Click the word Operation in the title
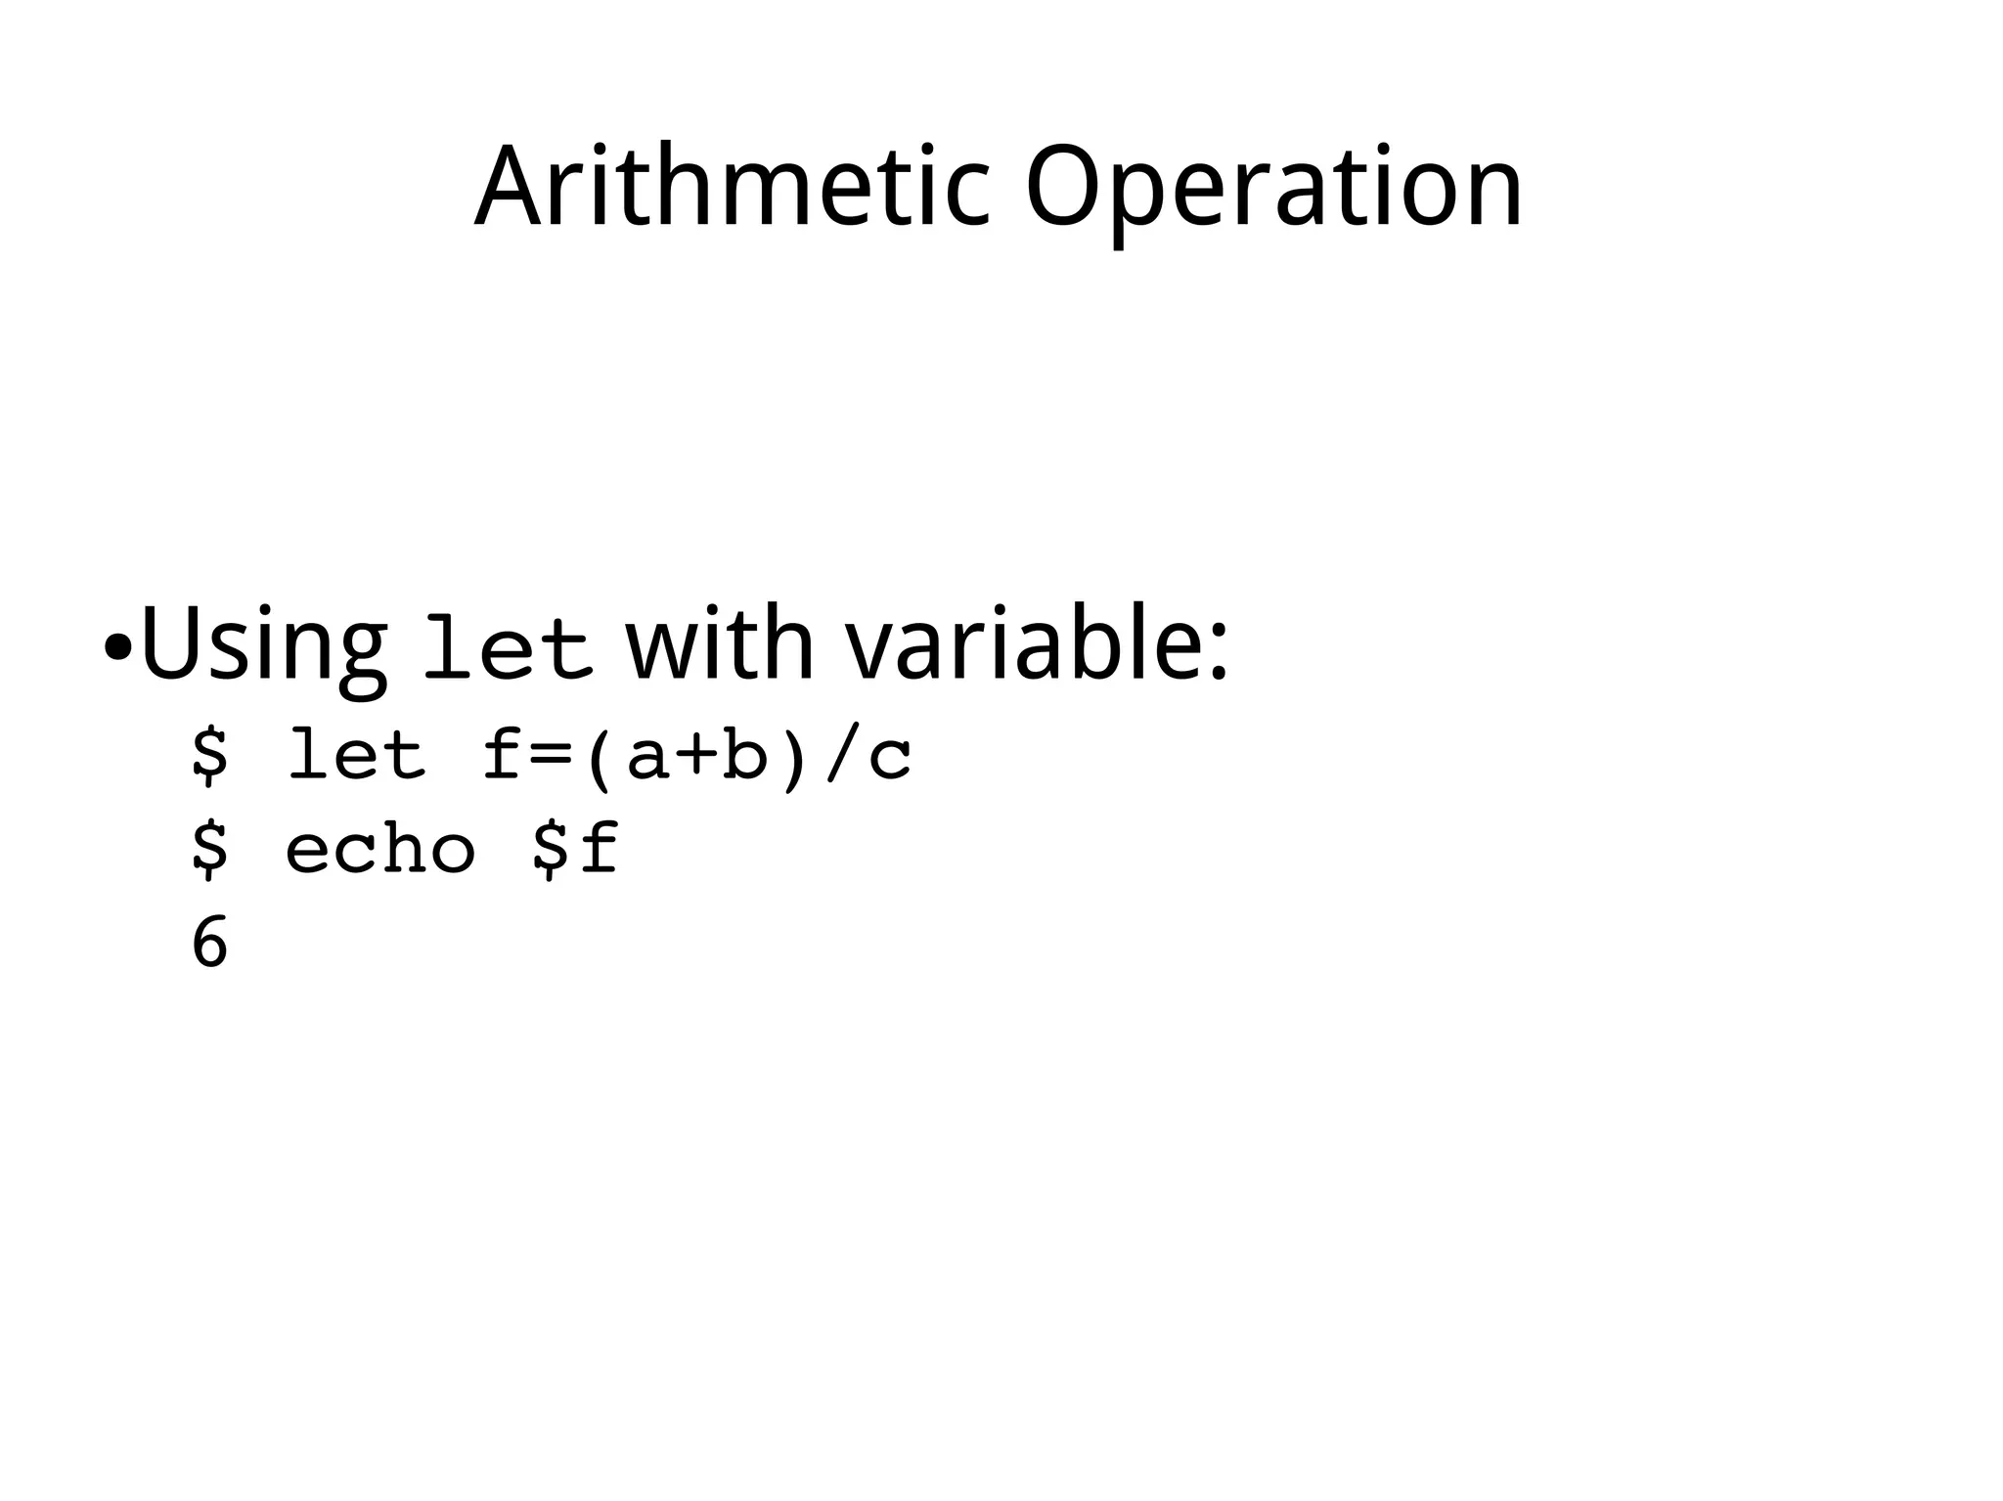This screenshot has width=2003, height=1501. [1273, 188]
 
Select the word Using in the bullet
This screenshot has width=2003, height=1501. [263, 645]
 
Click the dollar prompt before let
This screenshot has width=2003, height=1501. [209, 756]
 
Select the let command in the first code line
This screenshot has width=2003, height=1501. [357, 756]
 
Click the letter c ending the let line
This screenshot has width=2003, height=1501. [890, 761]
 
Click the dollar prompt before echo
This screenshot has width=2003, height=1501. [209, 849]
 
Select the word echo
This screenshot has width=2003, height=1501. [380, 849]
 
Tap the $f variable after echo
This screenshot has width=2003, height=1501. [574, 849]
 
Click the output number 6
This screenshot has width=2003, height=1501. [209, 943]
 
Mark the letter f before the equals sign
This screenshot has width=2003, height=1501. [502, 756]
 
